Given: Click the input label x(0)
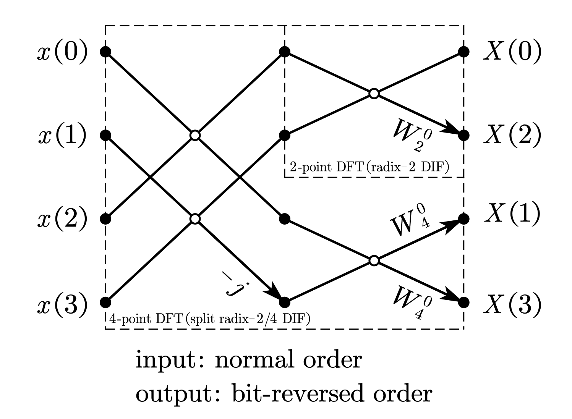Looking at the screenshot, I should (x=62, y=52).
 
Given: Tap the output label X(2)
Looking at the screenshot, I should (x=512, y=135).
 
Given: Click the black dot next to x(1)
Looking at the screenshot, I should (x=105, y=135).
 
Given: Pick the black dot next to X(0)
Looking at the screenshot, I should (x=463, y=52).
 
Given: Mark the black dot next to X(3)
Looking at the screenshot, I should (x=463, y=302).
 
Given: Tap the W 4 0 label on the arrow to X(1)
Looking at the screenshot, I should (x=411, y=222).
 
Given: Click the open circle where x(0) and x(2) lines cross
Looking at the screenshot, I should (x=195, y=135).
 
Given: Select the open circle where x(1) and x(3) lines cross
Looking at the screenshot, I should (x=195, y=219).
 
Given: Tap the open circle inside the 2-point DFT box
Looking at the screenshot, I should (x=374, y=94).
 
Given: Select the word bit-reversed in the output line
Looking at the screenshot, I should (x=309, y=394).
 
